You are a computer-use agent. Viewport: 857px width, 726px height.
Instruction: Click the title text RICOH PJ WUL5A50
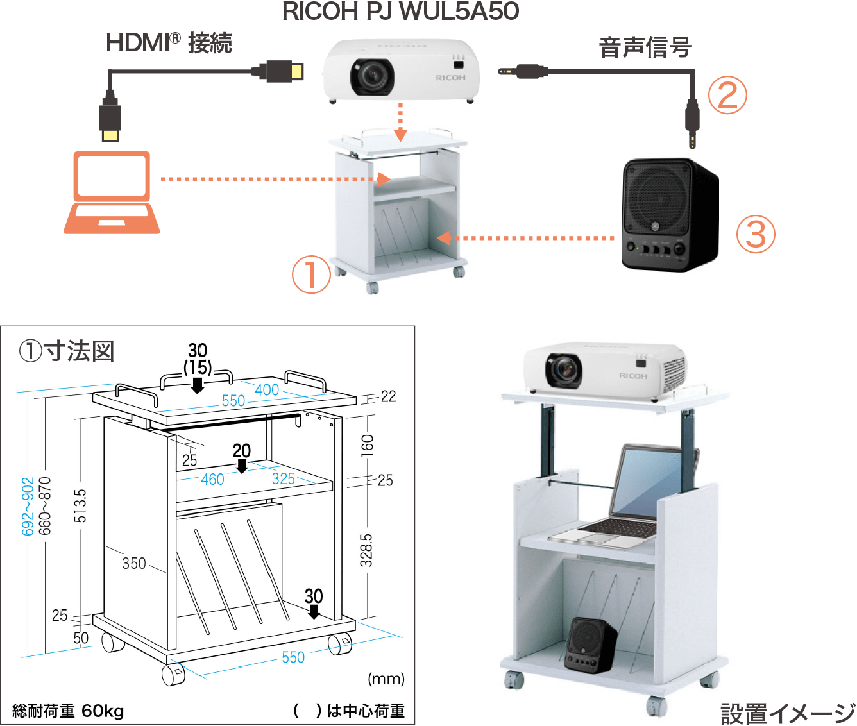click(400, 11)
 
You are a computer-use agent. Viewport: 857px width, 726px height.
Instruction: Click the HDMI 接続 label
click(169, 43)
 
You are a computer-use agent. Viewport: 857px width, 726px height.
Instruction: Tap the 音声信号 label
click(645, 47)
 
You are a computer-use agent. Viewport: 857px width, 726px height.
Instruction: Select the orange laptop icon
click(112, 192)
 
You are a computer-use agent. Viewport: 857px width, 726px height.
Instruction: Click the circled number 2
click(727, 96)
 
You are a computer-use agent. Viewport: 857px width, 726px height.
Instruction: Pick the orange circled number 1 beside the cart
click(311, 274)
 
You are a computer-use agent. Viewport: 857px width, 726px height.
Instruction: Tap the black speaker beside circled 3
click(669, 212)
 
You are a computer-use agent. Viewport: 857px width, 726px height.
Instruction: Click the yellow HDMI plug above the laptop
click(110, 134)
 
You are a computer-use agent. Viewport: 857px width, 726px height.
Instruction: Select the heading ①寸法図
click(67, 351)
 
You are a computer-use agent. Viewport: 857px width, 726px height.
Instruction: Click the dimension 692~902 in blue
click(28, 506)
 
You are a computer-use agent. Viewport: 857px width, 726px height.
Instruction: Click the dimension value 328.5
click(366, 550)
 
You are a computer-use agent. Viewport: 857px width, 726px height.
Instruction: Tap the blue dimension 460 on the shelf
click(212, 479)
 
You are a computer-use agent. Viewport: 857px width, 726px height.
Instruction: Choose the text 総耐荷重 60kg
click(68, 711)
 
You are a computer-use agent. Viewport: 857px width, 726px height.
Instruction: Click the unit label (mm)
click(386, 679)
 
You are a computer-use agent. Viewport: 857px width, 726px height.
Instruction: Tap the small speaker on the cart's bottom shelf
click(590, 645)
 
